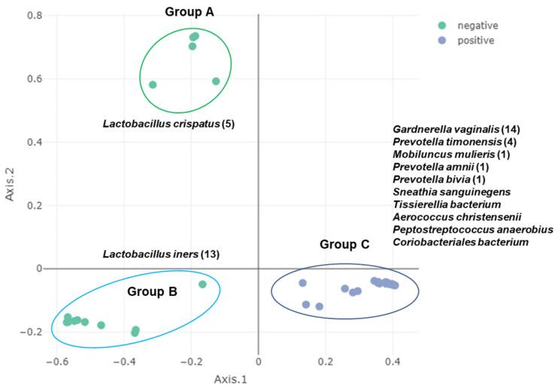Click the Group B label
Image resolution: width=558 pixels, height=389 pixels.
pyautogui.click(x=152, y=291)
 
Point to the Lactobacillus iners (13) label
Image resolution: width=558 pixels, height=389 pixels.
pyautogui.click(x=161, y=255)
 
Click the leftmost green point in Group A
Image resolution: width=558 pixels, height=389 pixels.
pyautogui.click(x=153, y=85)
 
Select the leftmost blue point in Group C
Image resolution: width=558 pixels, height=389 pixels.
pyautogui.click(x=302, y=283)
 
